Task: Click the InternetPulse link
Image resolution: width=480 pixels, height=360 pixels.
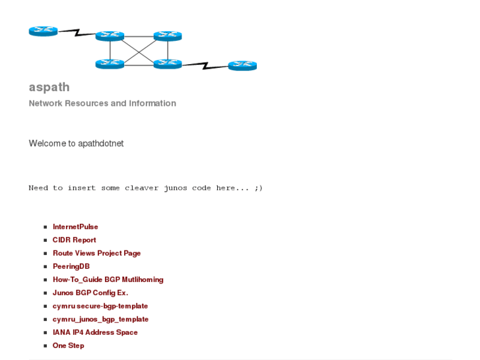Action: [75, 227]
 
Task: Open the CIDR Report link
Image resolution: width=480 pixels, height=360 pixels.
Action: [74, 240]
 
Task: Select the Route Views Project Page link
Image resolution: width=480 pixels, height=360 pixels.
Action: [96, 253]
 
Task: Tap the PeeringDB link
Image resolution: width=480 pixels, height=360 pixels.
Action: [71, 266]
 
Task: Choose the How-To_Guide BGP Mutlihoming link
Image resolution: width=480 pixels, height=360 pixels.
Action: [108, 279]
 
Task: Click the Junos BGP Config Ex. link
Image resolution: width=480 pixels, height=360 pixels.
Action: [90, 293]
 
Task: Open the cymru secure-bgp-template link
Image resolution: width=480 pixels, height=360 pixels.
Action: [100, 306]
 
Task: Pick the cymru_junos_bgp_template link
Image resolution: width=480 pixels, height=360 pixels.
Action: [100, 319]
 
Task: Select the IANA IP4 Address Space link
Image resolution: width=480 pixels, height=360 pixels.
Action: [95, 332]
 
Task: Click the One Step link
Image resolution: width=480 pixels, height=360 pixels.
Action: [68, 345]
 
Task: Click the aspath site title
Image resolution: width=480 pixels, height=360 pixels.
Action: [49, 87]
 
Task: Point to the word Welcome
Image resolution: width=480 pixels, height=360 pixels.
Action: [47, 143]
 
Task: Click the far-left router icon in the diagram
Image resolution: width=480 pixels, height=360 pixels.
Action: [44, 31]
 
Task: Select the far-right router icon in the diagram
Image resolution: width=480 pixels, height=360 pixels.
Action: [242, 65]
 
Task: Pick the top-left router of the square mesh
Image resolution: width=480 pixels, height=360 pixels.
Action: [110, 36]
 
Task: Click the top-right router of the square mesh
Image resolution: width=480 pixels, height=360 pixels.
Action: [168, 36]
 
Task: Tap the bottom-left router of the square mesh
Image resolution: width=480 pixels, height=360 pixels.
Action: [110, 64]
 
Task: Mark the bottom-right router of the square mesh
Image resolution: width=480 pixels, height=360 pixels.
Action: [168, 64]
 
